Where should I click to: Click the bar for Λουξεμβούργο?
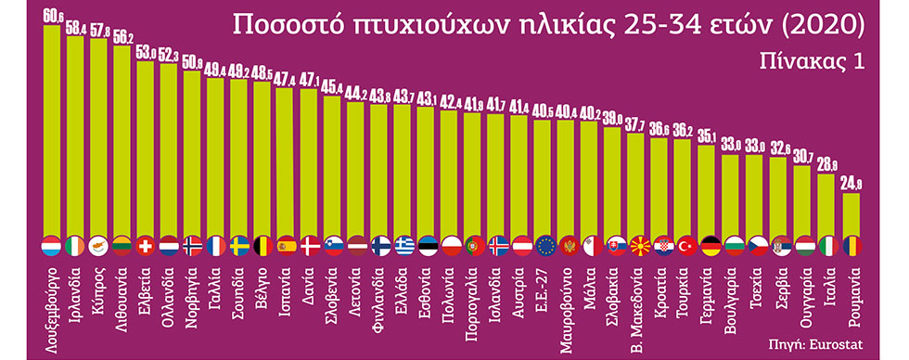52,130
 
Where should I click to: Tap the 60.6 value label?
53,16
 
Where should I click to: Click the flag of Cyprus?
99,247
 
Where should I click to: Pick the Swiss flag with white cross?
146,247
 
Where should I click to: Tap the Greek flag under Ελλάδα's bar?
403,247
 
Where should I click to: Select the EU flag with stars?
544,247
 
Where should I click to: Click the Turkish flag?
685,247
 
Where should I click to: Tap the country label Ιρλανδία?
76,289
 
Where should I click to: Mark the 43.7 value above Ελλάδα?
403,96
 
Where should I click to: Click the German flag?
709,247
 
